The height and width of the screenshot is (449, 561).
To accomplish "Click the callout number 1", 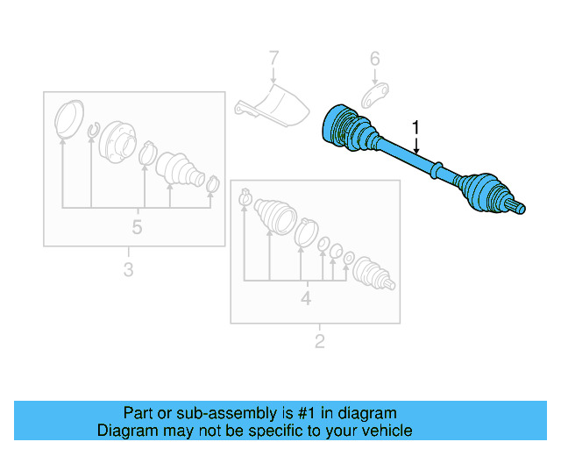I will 416,128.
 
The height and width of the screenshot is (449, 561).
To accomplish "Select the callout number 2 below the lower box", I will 319,340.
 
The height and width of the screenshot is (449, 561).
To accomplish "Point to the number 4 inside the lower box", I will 306,298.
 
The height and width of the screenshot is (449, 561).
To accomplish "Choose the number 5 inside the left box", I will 137,228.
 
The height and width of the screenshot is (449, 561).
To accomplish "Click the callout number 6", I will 374,60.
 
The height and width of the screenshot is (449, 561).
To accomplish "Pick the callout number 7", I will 273,59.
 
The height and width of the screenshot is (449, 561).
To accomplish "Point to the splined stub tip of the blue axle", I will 520,208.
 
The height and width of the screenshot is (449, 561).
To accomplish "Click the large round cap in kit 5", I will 67,119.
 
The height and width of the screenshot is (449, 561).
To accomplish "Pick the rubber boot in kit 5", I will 180,168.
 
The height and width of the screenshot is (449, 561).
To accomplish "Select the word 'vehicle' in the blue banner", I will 385,431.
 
